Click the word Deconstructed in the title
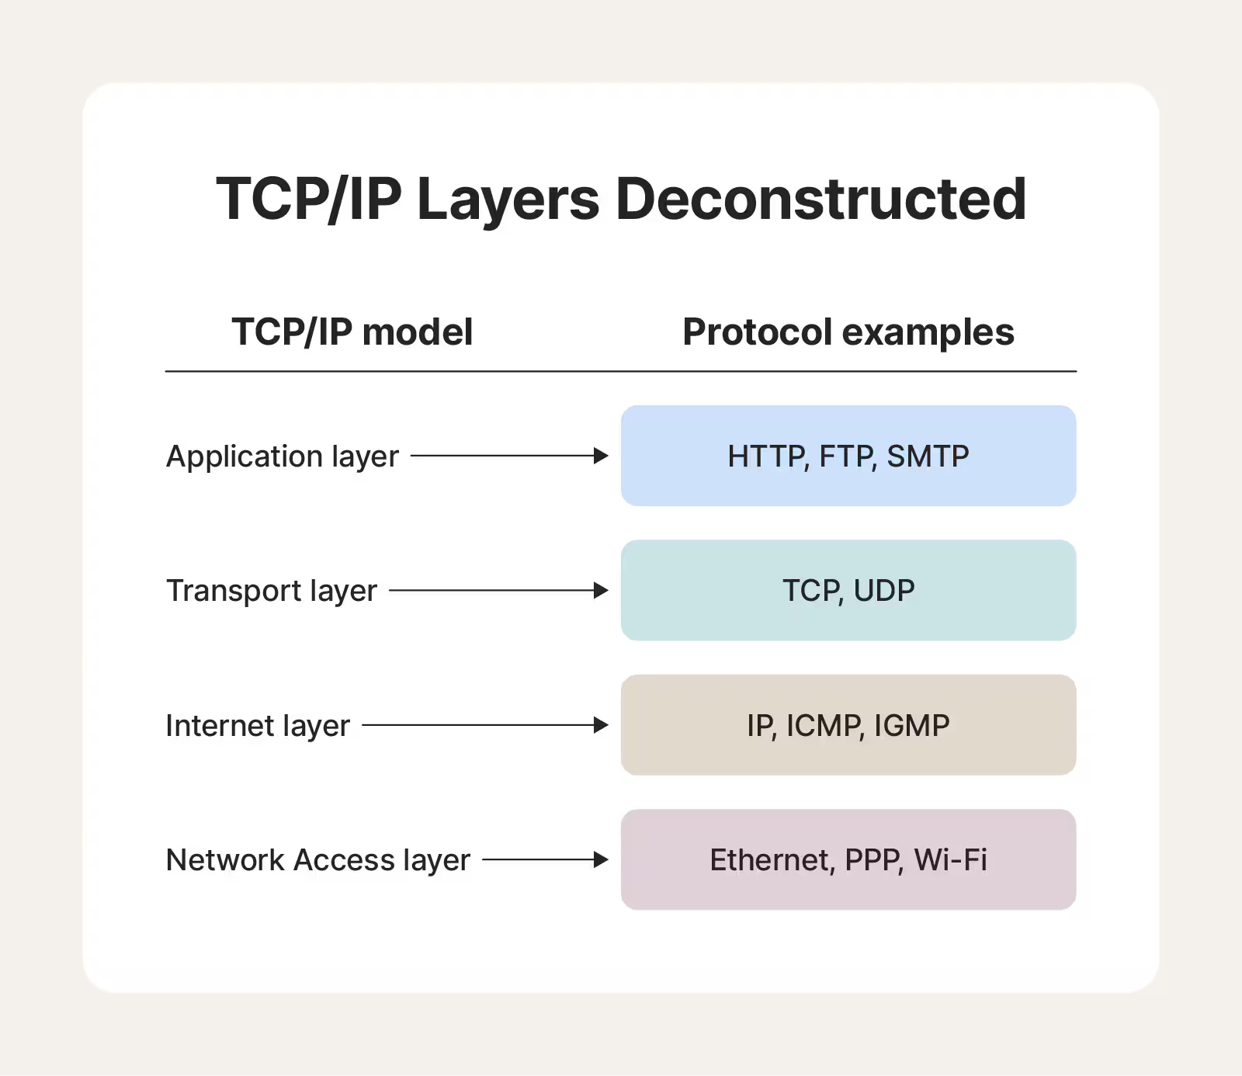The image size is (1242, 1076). click(820, 199)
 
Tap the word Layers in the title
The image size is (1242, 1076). click(508, 200)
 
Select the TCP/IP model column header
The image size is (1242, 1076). click(352, 332)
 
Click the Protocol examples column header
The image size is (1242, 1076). click(848, 332)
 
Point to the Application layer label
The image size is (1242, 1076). click(282, 456)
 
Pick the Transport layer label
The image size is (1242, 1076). click(271, 591)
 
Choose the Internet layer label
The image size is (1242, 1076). click(258, 726)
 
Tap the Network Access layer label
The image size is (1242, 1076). click(317, 860)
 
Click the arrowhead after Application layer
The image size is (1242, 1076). click(600, 456)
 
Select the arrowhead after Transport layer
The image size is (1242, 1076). click(600, 591)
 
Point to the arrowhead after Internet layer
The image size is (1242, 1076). click(600, 725)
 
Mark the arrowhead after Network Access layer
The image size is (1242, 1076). click(600, 859)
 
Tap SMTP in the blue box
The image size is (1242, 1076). click(928, 456)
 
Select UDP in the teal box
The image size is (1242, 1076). click(884, 591)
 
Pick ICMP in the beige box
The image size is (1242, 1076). click(824, 726)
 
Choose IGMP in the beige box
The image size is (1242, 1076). click(911, 726)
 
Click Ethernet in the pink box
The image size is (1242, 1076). click(771, 860)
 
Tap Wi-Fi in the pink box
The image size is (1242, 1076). click(950, 860)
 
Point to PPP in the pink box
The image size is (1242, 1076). click(873, 860)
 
